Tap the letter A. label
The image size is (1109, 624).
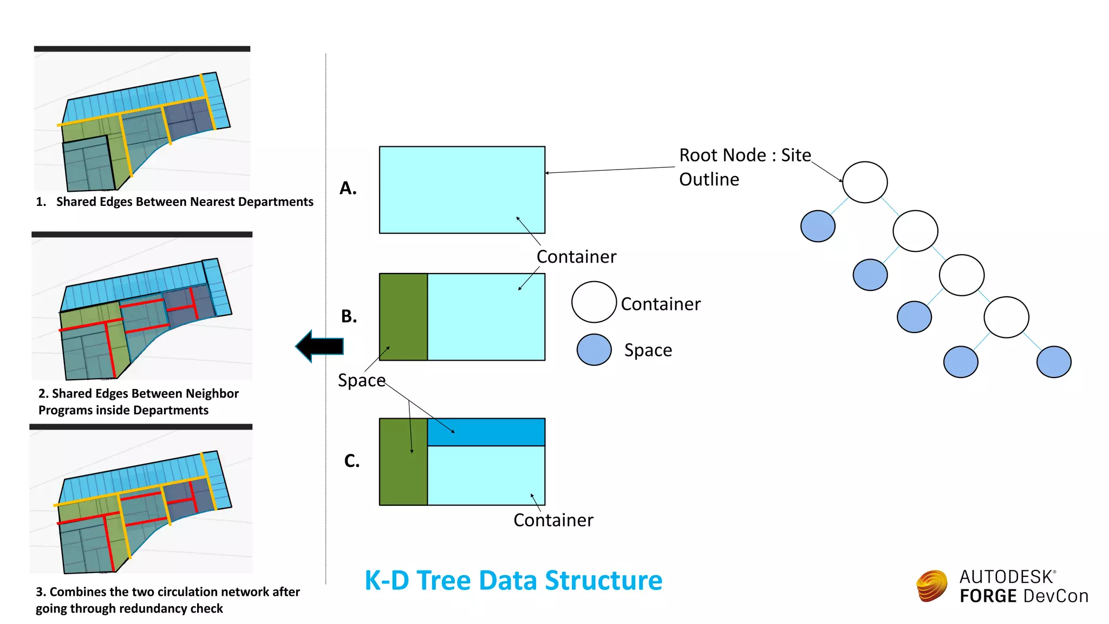[x=348, y=188]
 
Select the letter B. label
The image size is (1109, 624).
[x=349, y=316]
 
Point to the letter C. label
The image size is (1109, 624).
[x=351, y=461]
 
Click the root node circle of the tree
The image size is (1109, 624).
[x=864, y=182]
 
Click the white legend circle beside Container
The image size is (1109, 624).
[x=593, y=302]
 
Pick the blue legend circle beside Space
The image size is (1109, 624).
[x=593, y=349]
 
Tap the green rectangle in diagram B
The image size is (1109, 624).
[x=403, y=316]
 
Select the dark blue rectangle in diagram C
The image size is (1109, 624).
[x=486, y=432]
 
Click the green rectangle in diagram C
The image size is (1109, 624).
[x=403, y=461]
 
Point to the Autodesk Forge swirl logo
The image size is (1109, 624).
[x=931, y=586]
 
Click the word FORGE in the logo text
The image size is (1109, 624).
[x=988, y=596]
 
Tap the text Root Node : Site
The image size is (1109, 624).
[x=745, y=155]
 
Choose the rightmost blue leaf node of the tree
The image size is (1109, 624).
[x=1053, y=362]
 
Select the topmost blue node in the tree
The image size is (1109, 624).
[x=817, y=226]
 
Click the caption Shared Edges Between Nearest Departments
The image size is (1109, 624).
[x=184, y=201]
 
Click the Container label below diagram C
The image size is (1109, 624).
[x=553, y=520]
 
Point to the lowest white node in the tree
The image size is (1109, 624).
[x=1006, y=317]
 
